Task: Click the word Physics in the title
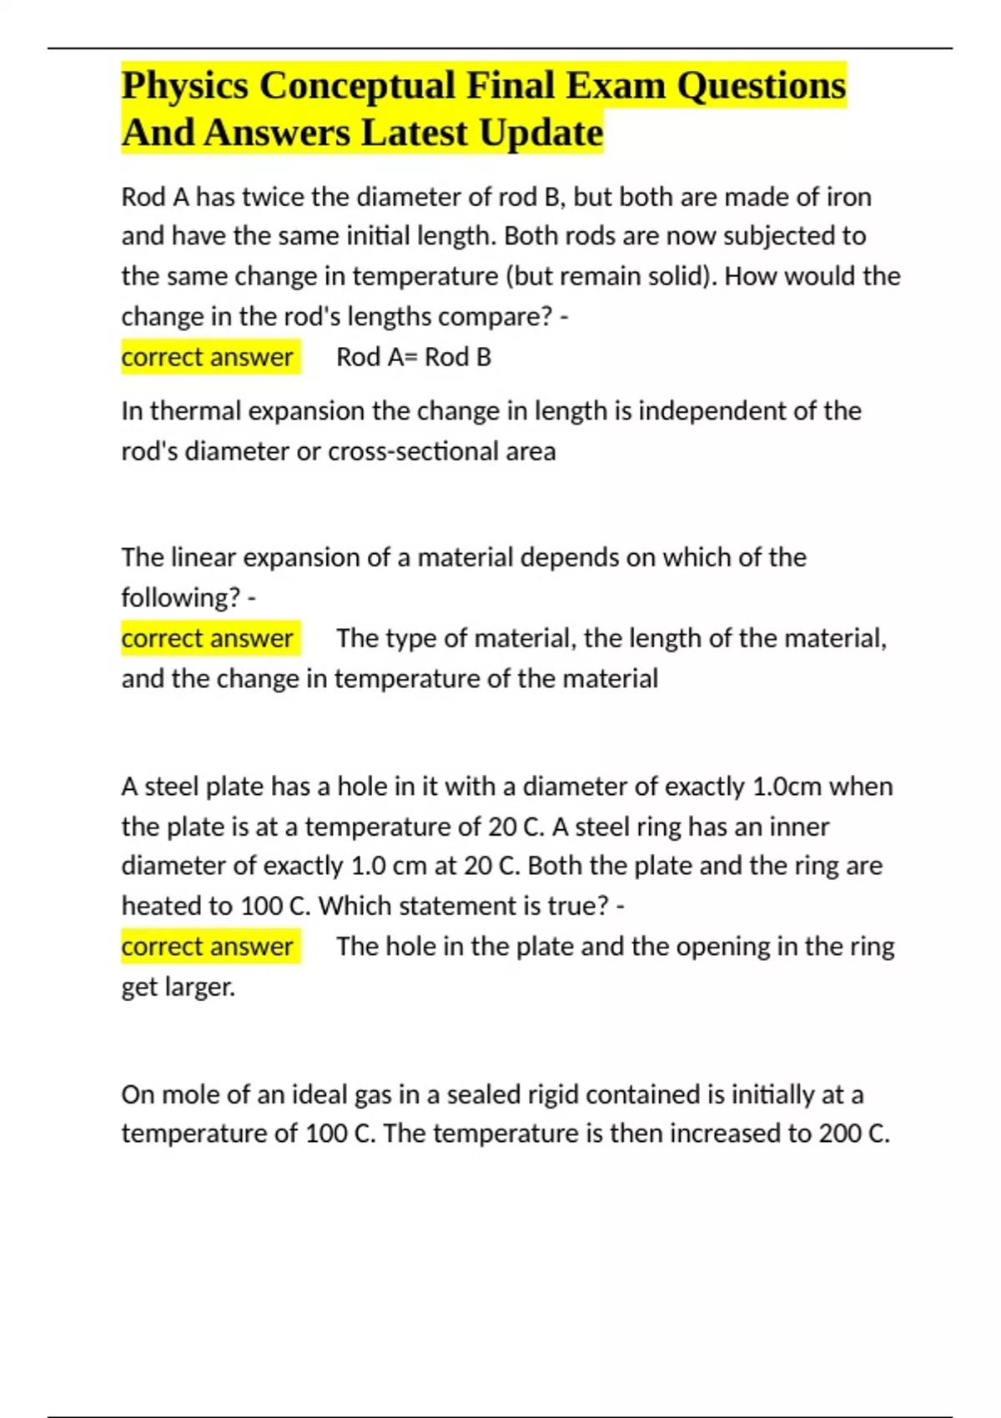click(x=184, y=86)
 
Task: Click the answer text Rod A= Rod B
click(x=414, y=357)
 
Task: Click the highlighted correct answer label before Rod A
click(x=208, y=357)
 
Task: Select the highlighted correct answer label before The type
click(x=208, y=638)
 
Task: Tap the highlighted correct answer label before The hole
click(x=208, y=947)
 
